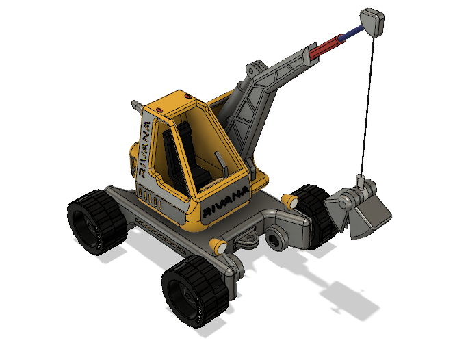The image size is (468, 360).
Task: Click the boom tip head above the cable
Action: click(x=372, y=22)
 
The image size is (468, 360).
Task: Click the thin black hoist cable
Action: click(x=369, y=103)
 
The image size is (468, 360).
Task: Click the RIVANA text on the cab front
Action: click(x=225, y=198)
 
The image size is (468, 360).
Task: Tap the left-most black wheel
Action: click(x=95, y=222)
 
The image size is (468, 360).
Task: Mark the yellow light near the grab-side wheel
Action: click(x=290, y=201)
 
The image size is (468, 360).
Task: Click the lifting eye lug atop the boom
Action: click(x=254, y=68)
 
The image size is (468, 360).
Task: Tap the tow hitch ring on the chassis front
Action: click(x=246, y=239)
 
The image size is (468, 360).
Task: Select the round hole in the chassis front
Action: click(x=276, y=240)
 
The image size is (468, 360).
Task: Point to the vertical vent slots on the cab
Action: click(x=151, y=201)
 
